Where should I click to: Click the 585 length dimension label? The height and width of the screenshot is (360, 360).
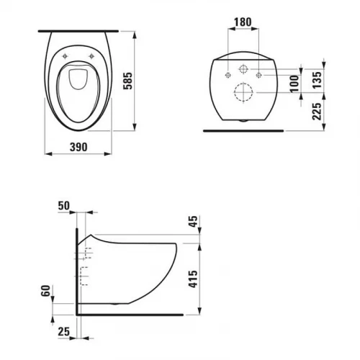coord(127,81)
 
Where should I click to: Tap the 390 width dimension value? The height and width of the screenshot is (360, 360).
coord(78,147)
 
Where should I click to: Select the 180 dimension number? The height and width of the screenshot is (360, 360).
coord(243,22)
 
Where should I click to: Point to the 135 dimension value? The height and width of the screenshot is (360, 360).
coord(317,80)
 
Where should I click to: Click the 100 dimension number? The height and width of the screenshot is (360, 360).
coord(294,84)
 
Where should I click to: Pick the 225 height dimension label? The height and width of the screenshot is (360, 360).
coord(317,112)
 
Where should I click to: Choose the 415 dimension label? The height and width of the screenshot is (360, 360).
coord(193,279)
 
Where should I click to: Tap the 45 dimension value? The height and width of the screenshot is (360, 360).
coord(194,221)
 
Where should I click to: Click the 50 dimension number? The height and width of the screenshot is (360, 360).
coord(64,206)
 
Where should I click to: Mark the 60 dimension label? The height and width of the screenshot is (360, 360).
coord(45,291)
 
